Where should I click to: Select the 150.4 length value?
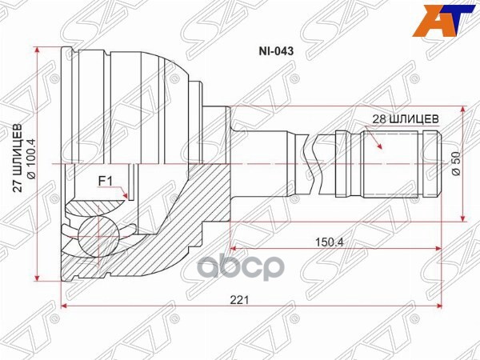click(x=325, y=241)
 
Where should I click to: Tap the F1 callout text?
click(x=104, y=181)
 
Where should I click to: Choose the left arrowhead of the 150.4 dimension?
click(x=234, y=248)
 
